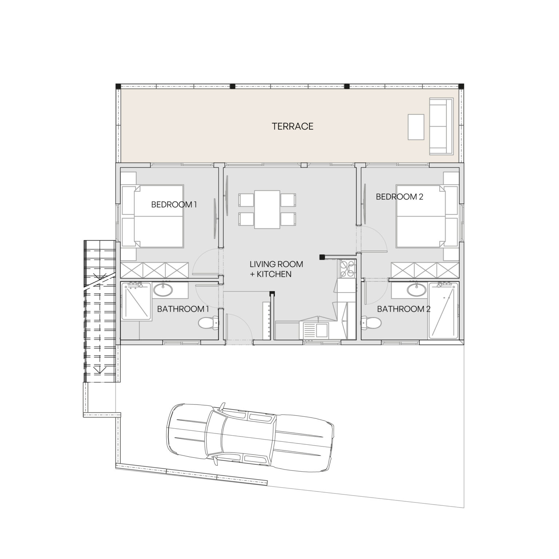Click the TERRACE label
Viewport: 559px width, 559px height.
pyautogui.click(x=292, y=126)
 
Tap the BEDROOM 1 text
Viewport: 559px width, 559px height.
pyautogui.click(x=174, y=205)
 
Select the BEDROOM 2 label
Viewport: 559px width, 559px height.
pyautogui.click(x=399, y=197)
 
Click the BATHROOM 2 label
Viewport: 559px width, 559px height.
pyautogui.click(x=404, y=309)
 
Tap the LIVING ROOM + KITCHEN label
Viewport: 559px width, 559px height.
pyautogui.click(x=276, y=269)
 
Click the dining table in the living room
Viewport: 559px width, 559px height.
pyautogui.click(x=267, y=209)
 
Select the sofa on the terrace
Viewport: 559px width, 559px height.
pyautogui.click(x=441, y=126)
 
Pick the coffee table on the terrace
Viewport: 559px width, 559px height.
pyautogui.click(x=416, y=127)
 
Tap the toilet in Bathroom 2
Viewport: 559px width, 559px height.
pyautogui.click(x=371, y=322)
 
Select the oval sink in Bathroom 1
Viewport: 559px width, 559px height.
pyautogui.click(x=163, y=290)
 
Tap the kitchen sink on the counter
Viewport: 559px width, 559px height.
pyautogui.click(x=322, y=331)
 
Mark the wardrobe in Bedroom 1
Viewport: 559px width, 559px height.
pyautogui.click(x=154, y=270)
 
